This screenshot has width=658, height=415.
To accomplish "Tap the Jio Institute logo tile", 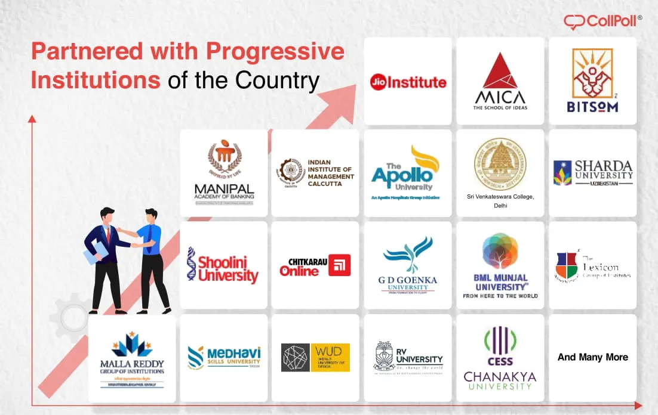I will click(x=408, y=82).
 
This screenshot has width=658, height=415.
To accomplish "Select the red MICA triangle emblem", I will click(x=500, y=71).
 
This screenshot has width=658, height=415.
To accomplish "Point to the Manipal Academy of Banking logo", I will click(x=224, y=173).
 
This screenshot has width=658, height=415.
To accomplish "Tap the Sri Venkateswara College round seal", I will click(x=500, y=164).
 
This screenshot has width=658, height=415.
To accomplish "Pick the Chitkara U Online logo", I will click(x=315, y=266).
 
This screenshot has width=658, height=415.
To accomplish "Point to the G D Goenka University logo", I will click(x=408, y=265).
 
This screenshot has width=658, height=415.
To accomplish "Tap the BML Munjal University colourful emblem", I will click(x=500, y=250).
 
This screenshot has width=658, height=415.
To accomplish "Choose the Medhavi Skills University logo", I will click(x=224, y=357).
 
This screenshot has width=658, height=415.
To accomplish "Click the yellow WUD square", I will click(x=330, y=357).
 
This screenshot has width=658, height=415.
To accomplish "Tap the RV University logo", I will click(x=408, y=357).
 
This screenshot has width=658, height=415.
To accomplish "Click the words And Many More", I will click(x=592, y=357).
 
